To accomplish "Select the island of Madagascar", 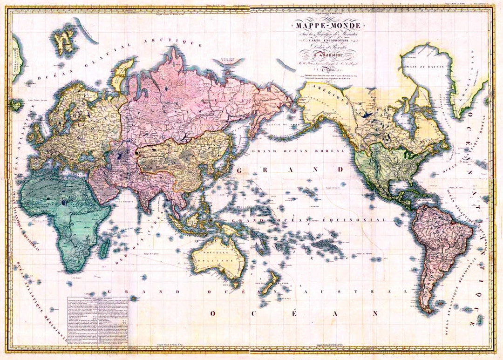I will point(105,246).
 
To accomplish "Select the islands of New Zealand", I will point(269,284).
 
